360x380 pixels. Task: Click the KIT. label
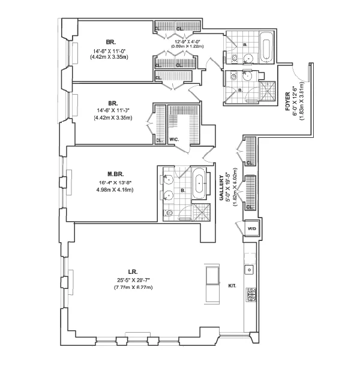tap(232, 286)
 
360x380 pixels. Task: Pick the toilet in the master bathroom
tap(170, 212)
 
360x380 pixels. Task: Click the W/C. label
tap(175, 141)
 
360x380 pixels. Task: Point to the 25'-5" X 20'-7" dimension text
tap(133, 279)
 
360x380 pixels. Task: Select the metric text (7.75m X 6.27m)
tap(133, 288)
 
